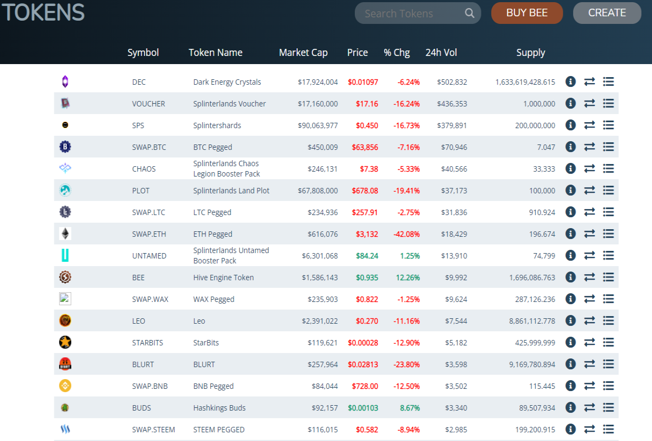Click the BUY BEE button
click(527, 13)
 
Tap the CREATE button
click(607, 13)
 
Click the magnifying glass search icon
click(469, 13)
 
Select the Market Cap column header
click(303, 53)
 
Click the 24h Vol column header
click(441, 53)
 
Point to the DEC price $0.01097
click(363, 82)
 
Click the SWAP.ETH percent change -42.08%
click(406, 234)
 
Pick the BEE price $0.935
click(367, 278)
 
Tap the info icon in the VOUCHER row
click(570, 103)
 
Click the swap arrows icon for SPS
click(590, 125)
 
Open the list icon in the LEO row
click(609, 320)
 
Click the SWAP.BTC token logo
click(65, 147)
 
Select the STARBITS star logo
click(65, 342)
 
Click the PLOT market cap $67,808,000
click(317, 191)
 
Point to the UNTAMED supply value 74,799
click(544, 256)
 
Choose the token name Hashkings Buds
click(219, 408)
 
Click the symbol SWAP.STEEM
click(153, 430)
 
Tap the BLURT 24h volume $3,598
click(456, 364)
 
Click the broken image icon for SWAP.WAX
click(65, 299)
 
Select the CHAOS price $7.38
click(369, 169)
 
